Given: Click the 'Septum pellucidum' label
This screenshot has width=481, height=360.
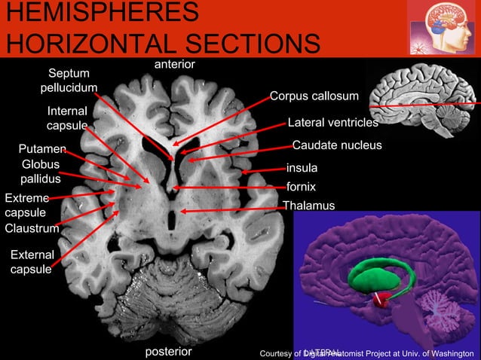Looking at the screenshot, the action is pyautogui.click(x=69, y=81).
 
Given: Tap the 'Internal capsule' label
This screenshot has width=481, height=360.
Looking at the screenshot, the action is pyautogui.click(x=67, y=118).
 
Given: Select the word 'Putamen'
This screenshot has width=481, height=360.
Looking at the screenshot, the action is pyautogui.click(x=43, y=149).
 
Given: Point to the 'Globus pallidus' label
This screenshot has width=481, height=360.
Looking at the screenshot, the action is pyautogui.click(x=41, y=172).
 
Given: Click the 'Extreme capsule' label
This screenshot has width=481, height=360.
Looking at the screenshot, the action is pyautogui.click(x=26, y=206).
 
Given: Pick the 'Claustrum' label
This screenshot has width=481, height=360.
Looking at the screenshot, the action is pyautogui.click(x=32, y=228).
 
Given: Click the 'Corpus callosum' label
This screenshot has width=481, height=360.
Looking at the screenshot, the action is pyautogui.click(x=314, y=96).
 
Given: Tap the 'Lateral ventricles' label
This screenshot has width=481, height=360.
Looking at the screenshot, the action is pyautogui.click(x=332, y=122).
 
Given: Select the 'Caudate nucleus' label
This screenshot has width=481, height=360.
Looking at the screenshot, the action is pyautogui.click(x=337, y=145).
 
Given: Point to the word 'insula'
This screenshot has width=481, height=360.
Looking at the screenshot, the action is pyautogui.click(x=302, y=167).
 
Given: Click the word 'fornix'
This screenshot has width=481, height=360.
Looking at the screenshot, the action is pyautogui.click(x=301, y=186).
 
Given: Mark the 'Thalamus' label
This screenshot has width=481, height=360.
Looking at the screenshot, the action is pyautogui.click(x=308, y=206).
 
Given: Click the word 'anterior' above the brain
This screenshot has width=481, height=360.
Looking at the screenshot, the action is pyautogui.click(x=174, y=65).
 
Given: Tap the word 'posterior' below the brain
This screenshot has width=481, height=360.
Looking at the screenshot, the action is pyautogui.click(x=168, y=352).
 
